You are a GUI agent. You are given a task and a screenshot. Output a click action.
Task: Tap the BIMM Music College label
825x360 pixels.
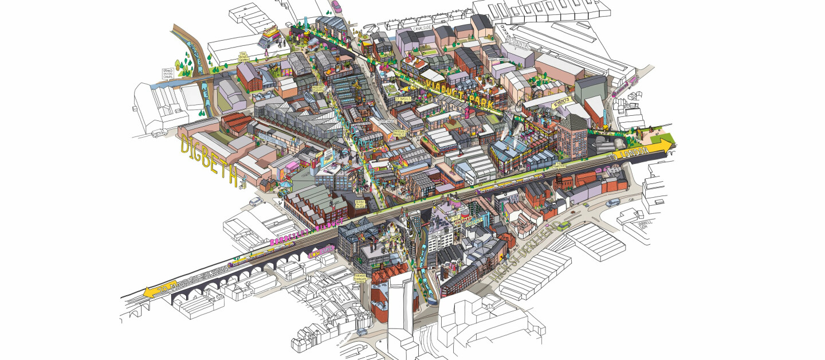tap(360, 204)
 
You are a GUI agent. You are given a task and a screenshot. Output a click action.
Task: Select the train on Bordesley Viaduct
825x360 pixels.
tap(264, 255)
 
